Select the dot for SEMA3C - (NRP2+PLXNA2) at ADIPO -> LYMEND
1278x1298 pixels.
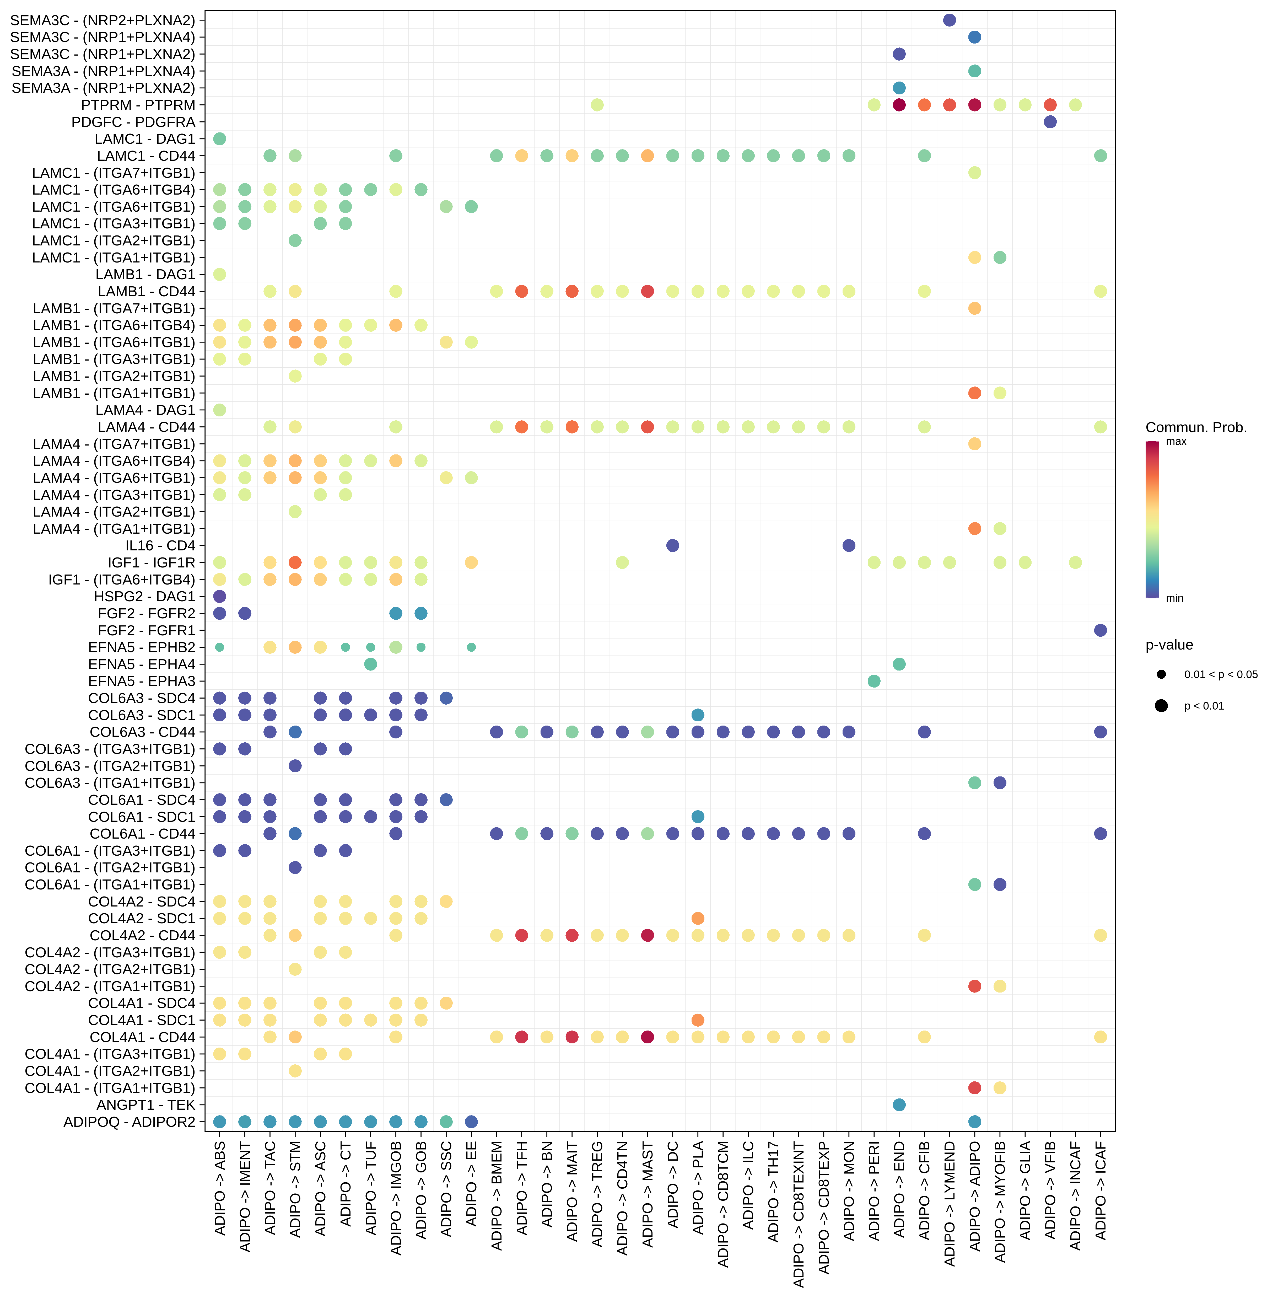949,20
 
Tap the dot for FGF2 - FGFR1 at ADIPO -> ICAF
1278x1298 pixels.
1100,630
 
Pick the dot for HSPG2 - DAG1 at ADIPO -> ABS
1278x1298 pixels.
219,596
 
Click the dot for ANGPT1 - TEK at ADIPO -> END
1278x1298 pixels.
899,1104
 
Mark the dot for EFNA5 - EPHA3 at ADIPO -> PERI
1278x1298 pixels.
874,681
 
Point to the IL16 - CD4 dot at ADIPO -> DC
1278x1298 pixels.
673,545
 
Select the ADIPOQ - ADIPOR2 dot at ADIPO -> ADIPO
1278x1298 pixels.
975,1122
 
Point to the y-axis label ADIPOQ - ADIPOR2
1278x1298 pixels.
130,1122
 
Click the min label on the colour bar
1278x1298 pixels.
1175,598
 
